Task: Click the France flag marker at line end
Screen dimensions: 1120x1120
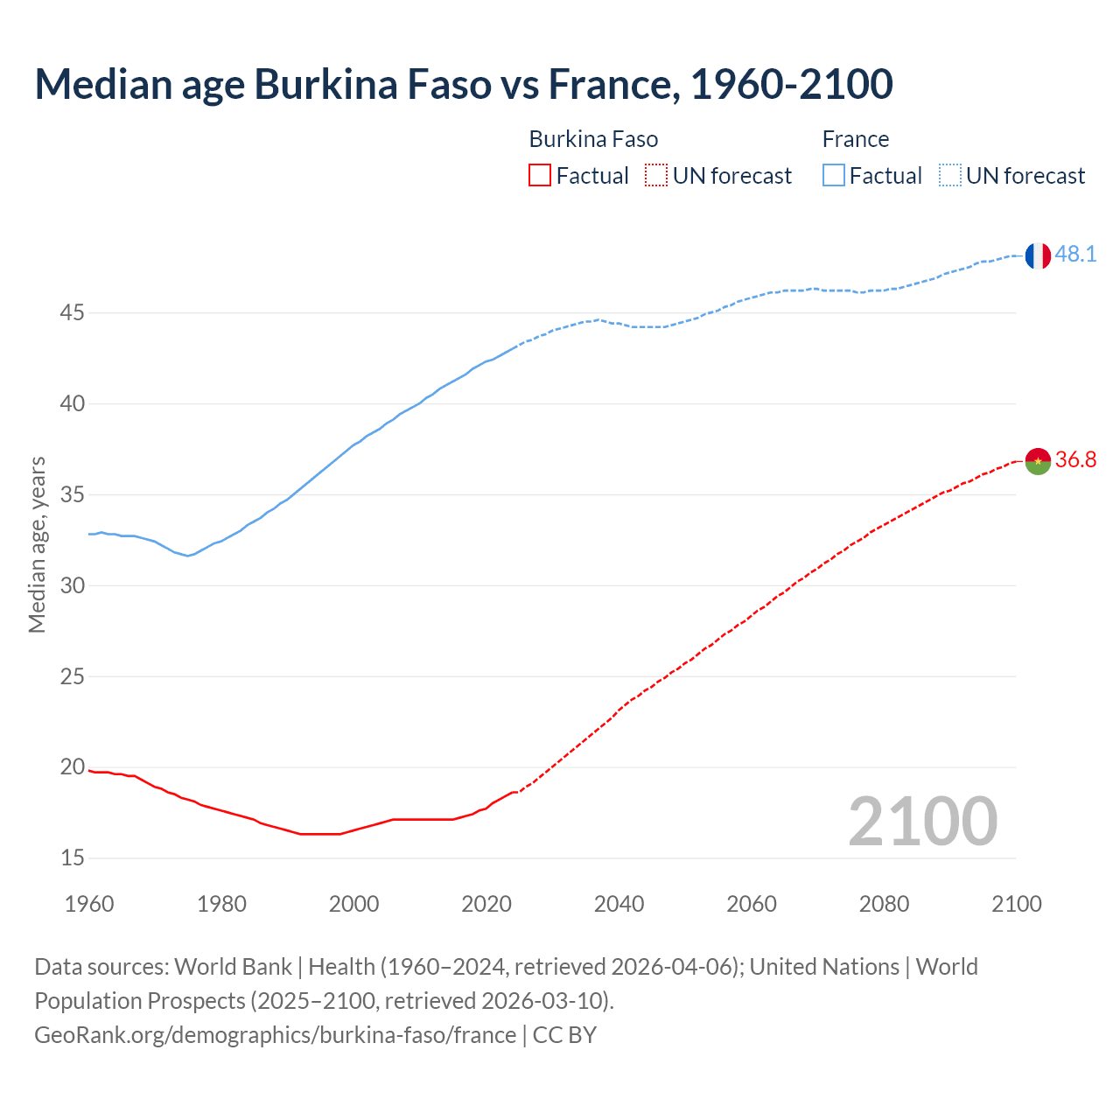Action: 1038,255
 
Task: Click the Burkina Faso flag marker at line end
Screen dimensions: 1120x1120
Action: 1038,461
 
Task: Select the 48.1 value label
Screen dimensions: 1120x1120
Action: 1075,255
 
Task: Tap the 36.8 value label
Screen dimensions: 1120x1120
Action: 1075,460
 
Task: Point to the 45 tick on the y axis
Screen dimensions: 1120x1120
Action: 73,312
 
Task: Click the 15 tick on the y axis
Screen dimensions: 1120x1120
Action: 73,858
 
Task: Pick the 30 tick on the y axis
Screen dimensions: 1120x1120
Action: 73,585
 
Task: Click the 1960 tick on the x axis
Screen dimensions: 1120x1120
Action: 89,904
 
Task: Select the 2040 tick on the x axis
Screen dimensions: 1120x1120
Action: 619,904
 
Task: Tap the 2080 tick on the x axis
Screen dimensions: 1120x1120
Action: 884,904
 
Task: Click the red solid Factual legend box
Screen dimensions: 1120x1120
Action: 540,176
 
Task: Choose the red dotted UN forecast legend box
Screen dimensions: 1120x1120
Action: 656,176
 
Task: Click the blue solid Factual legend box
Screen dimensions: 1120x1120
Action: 833,176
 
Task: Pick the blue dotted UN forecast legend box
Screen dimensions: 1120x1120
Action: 949,176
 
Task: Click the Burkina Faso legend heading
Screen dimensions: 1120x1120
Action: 593,139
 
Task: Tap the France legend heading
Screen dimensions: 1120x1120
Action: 855,139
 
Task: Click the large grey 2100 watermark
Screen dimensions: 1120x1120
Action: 922,822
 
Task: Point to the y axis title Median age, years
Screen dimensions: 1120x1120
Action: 37,544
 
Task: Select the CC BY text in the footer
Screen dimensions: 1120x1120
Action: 564,1035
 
